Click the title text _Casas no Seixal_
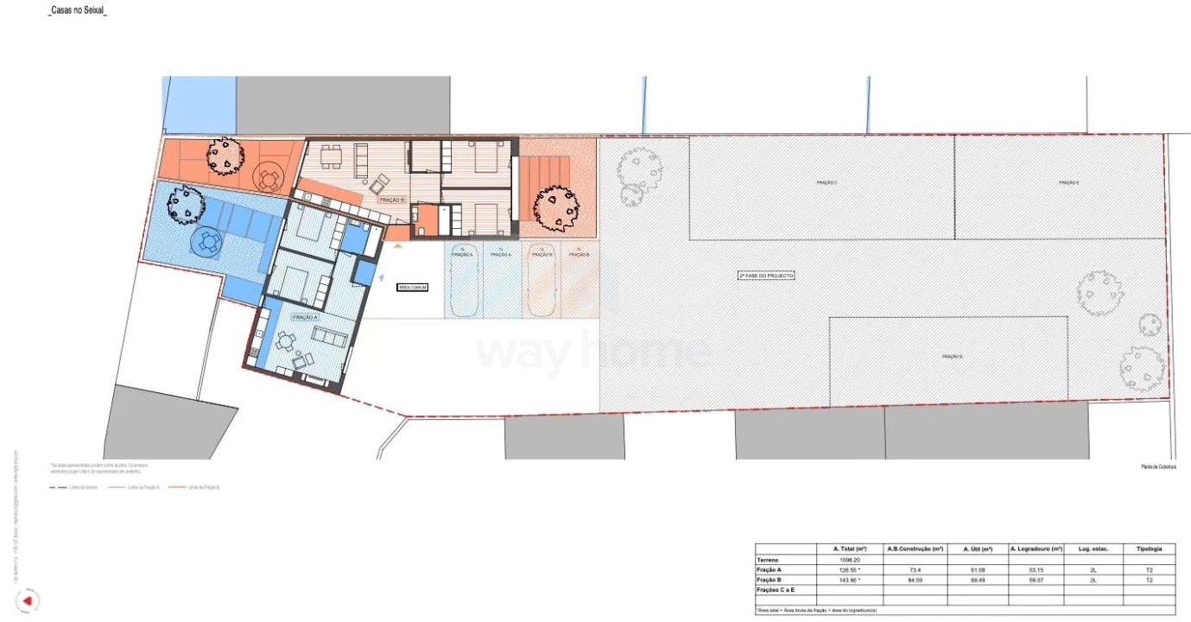[x=78, y=11]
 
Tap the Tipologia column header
[x=1149, y=549]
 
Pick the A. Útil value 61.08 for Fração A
[x=977, y=570]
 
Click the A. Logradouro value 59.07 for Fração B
[x=1036, y=581]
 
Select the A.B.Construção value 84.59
[x=915, y=581]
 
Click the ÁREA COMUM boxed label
[x=412, y=287]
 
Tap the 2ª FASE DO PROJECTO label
[x=765, y=276]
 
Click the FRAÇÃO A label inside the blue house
[x=306, y=318]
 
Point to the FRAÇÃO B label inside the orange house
[x=390, y=200]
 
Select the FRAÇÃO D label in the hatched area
[x=951, y=356]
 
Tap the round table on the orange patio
[x=269, y=180]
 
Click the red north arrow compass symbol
[x=28, y=600]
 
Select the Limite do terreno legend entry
[x=74, y=488]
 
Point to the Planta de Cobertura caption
[x=1158, y=467]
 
